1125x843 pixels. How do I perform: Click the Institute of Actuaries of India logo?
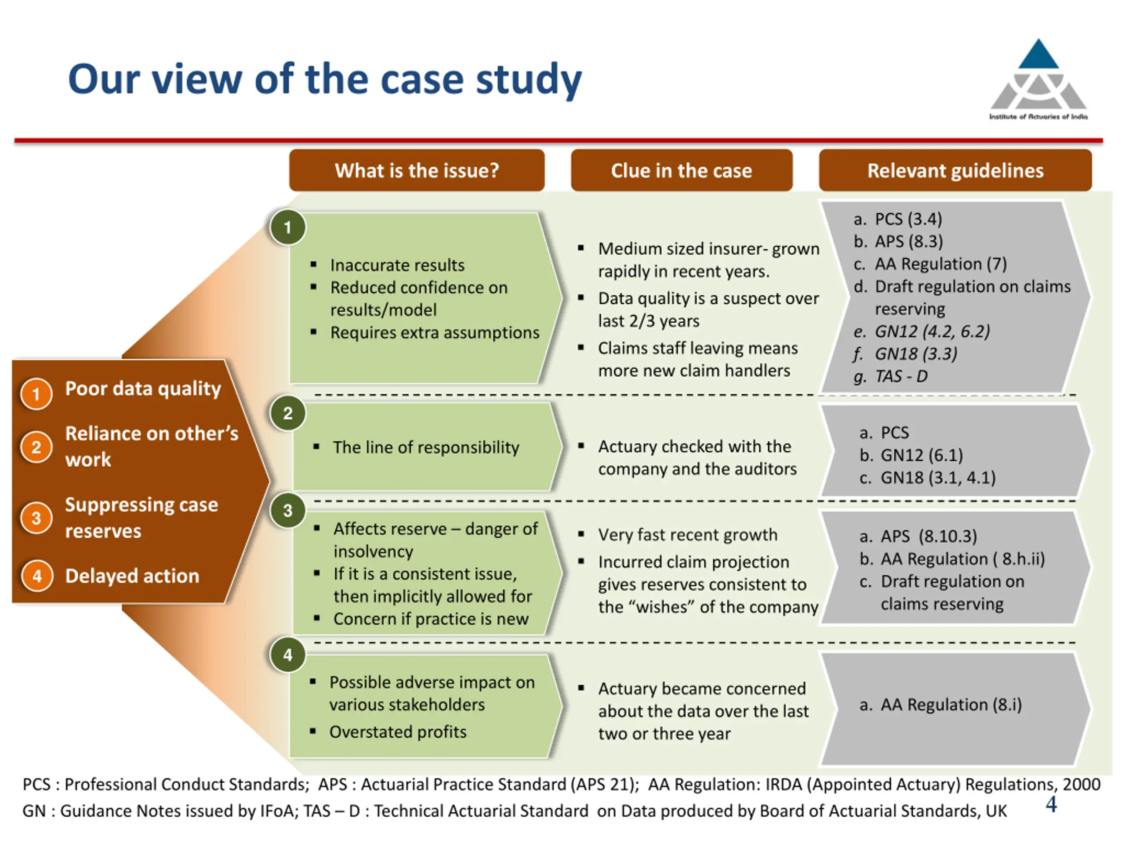pos(1038,79)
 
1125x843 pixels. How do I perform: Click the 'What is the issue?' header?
pos(417,170)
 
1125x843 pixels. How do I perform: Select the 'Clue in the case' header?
pos(682,170)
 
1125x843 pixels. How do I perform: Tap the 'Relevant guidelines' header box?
pos(955,170)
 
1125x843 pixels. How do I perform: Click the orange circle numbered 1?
pos(36,394)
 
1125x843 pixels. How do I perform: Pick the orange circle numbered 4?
pos(36,576)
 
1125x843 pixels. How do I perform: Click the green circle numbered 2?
pos(288,413)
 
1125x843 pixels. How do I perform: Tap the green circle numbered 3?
pos(288,510)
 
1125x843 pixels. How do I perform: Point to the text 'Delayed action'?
pos(132,576)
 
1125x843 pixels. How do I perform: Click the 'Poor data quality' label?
pos(143,389)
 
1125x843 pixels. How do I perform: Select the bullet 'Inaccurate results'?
pos(397,265)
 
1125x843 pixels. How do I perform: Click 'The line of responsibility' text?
pos(426,447)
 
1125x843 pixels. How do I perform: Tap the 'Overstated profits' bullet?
pos(398,732)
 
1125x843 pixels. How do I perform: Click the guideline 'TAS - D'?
pos(901,376)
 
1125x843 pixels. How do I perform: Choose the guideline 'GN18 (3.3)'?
pos(916,353)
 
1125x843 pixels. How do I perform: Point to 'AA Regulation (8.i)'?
pos(951,705)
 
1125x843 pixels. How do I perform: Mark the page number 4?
pos(1051,804)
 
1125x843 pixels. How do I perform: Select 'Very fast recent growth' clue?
pos(688,535)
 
